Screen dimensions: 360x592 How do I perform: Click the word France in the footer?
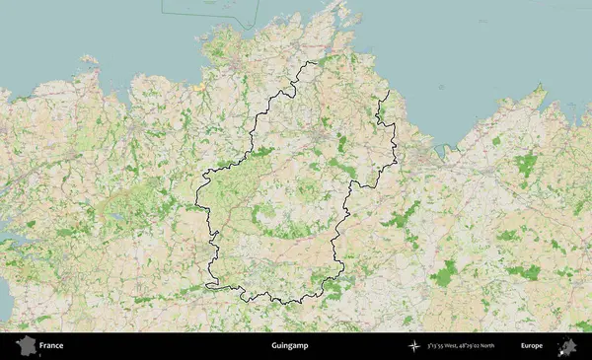point(51,346)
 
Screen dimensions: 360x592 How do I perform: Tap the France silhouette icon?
point(26,346)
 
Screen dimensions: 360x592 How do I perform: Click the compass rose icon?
point(415,346)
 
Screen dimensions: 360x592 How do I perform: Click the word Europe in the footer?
point(532,346)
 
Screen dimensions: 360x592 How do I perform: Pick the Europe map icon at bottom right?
point(567,346)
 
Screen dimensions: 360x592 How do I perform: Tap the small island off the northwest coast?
point(91,60)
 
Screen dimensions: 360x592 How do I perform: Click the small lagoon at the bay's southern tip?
point(434,153)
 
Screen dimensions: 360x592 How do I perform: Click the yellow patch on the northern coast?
point(200,88)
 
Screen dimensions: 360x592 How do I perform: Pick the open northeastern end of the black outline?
point(388,92)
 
